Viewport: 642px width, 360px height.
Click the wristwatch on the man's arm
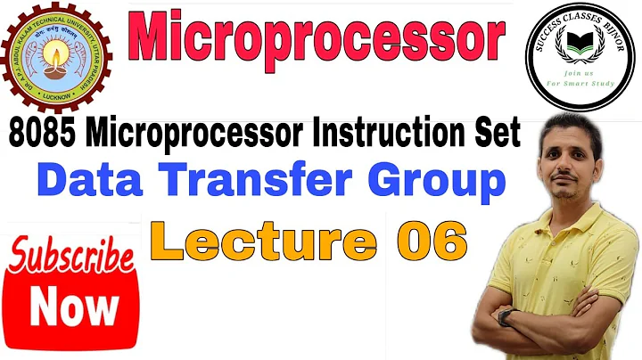509,316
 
